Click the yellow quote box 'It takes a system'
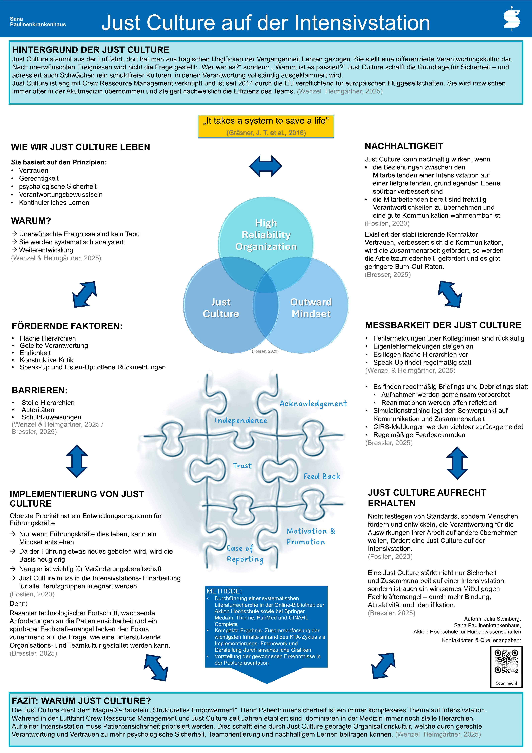pos(266,126)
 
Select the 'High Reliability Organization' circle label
pos(266,235)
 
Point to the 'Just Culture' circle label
pos(221,308)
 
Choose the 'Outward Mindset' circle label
pos(311,308)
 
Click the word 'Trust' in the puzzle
pos(242,465)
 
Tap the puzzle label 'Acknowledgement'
pos(313,404)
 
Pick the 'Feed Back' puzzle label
pos(322,477)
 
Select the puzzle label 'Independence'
pos(241,421)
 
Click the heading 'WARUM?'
pos(31,221)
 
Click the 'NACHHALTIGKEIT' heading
pos(404,146)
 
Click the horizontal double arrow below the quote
pos(266,166)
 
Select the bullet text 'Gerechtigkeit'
pos(39,178)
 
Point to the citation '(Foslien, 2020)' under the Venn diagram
pos(265,351)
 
